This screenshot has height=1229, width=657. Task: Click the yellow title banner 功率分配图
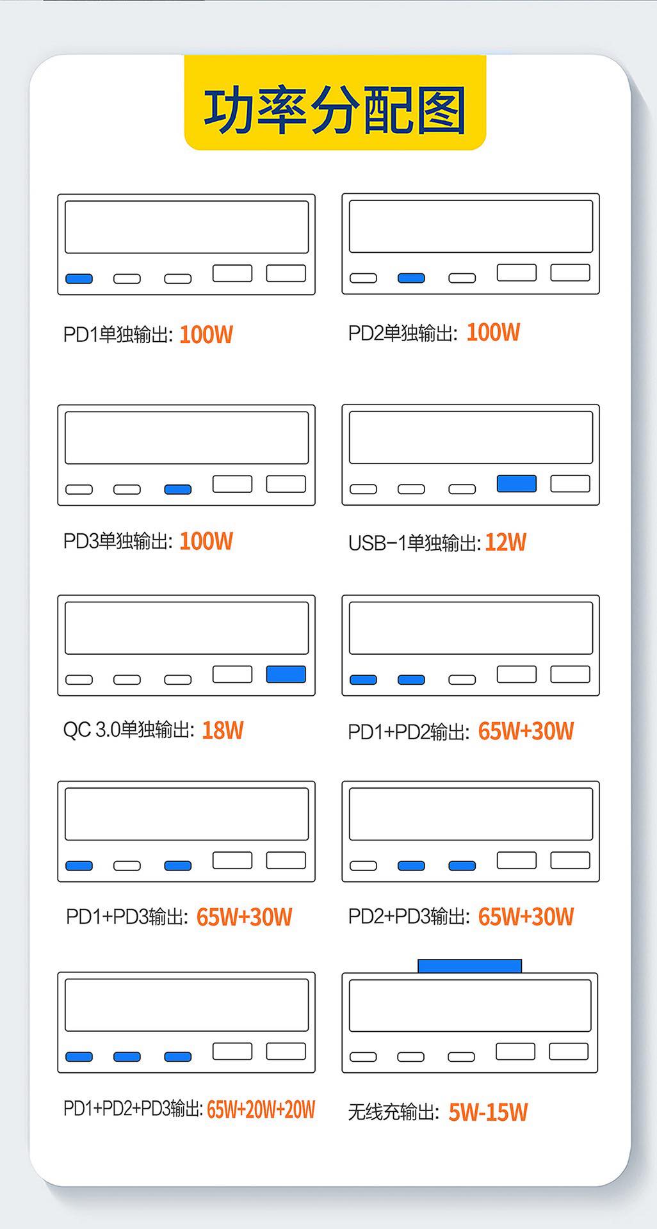coord(335,106)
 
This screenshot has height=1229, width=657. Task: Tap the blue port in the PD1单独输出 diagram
coord(79,278)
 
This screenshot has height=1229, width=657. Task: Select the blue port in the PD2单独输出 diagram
coord(411,278)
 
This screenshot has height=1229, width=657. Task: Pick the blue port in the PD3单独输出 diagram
coord(178,489)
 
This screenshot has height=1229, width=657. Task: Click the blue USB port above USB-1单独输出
coord(517,483)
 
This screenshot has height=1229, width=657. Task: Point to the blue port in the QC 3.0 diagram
coord(286,674)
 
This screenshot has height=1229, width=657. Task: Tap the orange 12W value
coord(506,543)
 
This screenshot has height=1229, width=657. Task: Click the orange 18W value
coord(223,730)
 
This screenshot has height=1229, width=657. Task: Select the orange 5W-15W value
coord(488,1113)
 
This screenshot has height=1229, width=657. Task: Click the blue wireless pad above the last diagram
coord(469,966)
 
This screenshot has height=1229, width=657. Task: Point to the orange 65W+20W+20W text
coord(261,1109)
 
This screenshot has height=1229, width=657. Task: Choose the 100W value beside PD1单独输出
coord(206,335)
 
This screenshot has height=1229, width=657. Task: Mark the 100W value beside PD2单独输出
coord(493,332)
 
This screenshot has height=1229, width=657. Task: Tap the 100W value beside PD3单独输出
coord(206,542)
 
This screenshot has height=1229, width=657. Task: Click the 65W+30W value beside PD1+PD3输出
coord(244,917)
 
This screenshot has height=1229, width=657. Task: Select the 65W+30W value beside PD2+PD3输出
coord(526,917)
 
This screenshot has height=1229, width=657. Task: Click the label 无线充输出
coord(393,1113)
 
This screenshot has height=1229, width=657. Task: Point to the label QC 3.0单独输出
coord(128,730)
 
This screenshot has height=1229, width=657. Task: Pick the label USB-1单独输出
coord(414,543)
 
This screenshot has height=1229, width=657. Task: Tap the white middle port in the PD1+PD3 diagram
coord(127,865)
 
